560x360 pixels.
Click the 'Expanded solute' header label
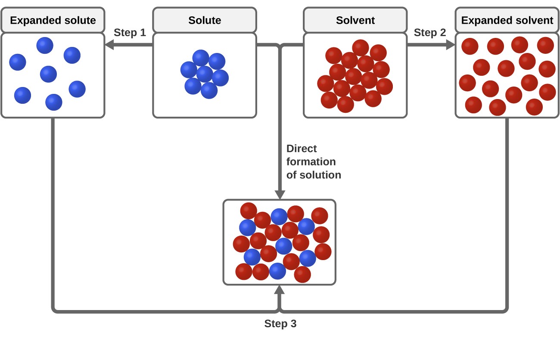(x=53, y=20)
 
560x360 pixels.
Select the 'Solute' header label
(x=205, y=20)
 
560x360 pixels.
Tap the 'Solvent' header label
(x=355, y=20)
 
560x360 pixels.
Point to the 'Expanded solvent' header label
(x=507, y=20)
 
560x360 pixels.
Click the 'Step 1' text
(x=130, y=33)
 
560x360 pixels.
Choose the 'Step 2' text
(x=429, y=33)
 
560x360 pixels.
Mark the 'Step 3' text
(x=280, y=324)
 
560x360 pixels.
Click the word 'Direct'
(x=302, y=149)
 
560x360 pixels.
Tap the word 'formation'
(x=311, y=162)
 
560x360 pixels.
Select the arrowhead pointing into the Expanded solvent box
(x=451, y=44)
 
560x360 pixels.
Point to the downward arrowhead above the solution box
(x=280, y=195)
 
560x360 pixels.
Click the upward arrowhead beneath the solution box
(x=280, y=289)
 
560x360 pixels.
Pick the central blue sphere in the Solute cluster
(x=205, y=74)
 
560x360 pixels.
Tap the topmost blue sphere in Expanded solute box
(x=45, y=45)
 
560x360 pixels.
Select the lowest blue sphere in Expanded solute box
(x=54, y=102)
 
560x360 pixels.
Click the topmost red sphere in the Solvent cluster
(x=361, y=48)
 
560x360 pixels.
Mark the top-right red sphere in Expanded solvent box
(x=545, y=45)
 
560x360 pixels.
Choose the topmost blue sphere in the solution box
(x=279, y=217)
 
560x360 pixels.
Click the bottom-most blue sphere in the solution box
(x=277, y=271)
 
